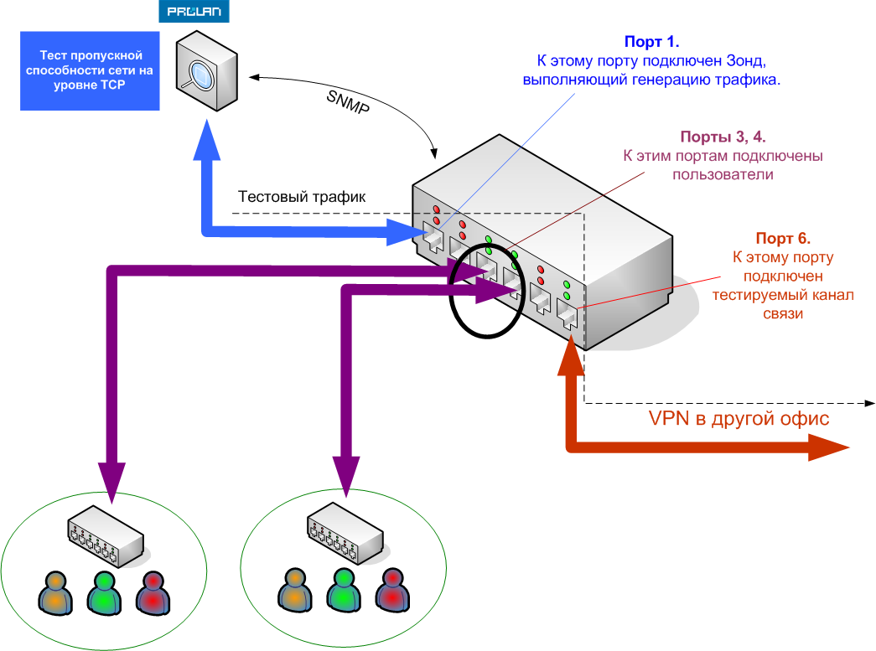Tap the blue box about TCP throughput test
[90, 71]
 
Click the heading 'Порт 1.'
[651, 42]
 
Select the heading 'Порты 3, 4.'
[723, 137]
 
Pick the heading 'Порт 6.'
[784, 238]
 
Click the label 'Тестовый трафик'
[302, 198]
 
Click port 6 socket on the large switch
[567, 317]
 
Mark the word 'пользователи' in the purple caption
[722, 175]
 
